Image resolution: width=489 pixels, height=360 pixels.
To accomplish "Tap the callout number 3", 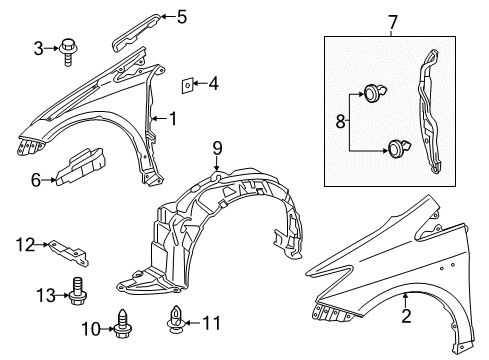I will (39, 46).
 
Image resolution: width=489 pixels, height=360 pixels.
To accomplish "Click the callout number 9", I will (215, 152).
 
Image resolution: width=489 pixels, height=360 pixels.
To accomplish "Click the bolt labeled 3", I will (70, 47).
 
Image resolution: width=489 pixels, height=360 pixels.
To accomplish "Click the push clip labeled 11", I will (175, 323).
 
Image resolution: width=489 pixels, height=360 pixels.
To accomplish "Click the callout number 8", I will (341, 123).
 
